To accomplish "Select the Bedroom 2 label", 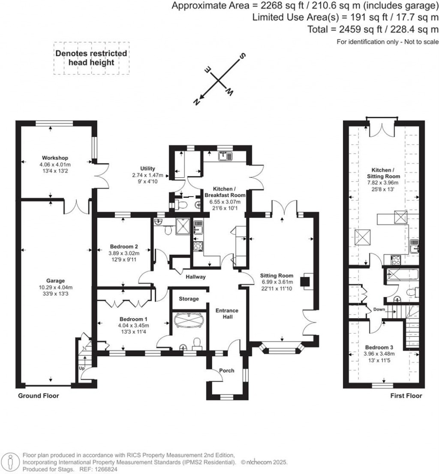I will point(124,246).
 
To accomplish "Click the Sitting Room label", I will point(277,275).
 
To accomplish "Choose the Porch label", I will point(227,370).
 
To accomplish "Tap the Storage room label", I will point(189,298).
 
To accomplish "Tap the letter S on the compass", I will point(242,56).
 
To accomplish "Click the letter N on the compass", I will point(196,101).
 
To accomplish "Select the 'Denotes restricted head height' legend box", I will point(91,58).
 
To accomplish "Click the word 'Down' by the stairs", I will point(379,310).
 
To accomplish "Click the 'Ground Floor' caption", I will point(39,395).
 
